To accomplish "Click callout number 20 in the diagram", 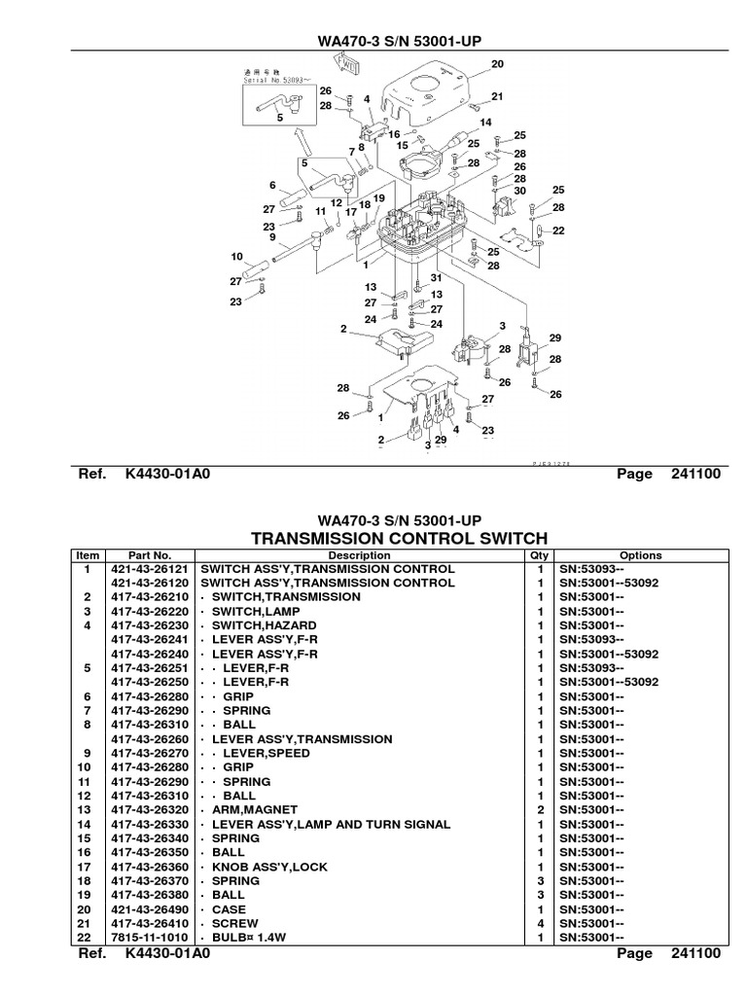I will pos(498,64).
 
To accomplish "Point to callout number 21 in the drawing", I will pos(498,96).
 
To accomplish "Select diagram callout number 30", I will pos(519,191).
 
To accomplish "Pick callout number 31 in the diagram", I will pos(437,278).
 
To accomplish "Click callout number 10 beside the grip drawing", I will pos(235,257).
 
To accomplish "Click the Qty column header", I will pos(539,555).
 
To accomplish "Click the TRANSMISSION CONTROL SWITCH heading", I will pos(399,538).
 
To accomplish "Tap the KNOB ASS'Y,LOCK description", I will pos(256,866).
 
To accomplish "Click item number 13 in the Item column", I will pos(87,809).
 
